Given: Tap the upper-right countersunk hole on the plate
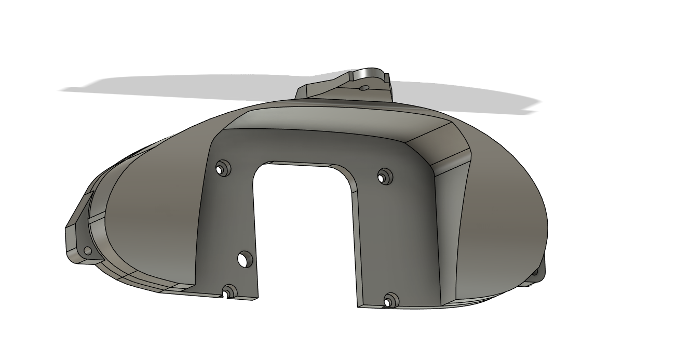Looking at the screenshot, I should pyautogui.click(x=384, y=177).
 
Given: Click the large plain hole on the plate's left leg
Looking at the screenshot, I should pyautogui.click(x=244, y=259).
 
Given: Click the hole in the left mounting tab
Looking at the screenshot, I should pyautogui.click(x=87, y=251).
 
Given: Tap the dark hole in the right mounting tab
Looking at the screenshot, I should pyautogui.click(x=534, y=272).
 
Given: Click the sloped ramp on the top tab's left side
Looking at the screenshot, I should pyautogui.click(x=322, y=88).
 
